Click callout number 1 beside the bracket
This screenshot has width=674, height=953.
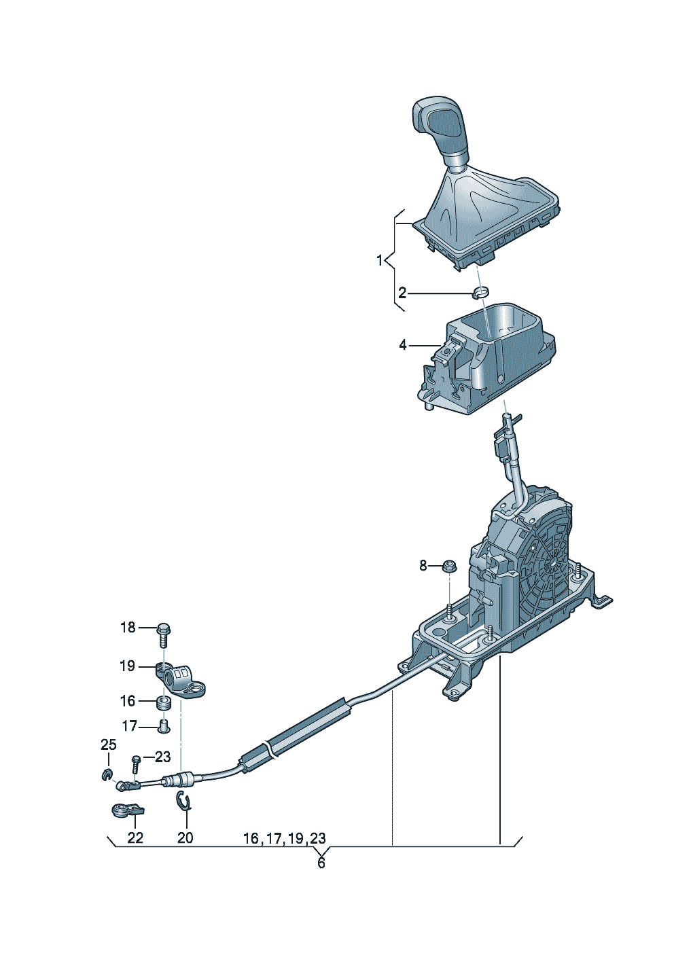[380, 260]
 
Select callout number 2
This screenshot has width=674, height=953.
[402, 293]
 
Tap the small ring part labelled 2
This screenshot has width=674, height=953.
[481, 293]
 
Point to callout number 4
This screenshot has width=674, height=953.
[403, 345]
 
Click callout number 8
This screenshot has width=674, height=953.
[423, 565]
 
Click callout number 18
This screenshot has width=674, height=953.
[128, 628]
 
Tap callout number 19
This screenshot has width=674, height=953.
[128, 666]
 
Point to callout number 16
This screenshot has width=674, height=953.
[128, 701]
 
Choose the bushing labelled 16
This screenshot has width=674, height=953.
[164, 702]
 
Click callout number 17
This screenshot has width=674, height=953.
[129, 726]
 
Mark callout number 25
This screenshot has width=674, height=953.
[109, 745]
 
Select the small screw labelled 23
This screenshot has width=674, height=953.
[136, 763]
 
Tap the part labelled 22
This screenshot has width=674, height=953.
[127, 810]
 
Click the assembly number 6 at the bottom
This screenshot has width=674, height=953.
[321, 863]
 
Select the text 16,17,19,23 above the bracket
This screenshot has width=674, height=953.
[284, 839]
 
